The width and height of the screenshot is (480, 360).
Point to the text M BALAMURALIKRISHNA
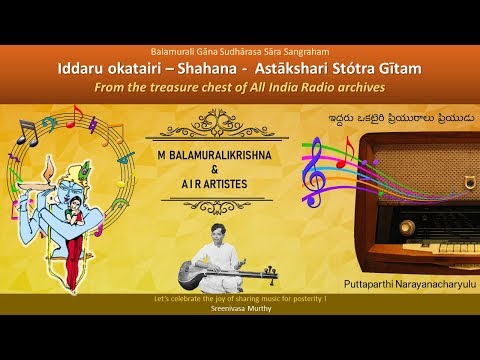pos(239,157)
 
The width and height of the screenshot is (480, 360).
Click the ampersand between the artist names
pos(238,170)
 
